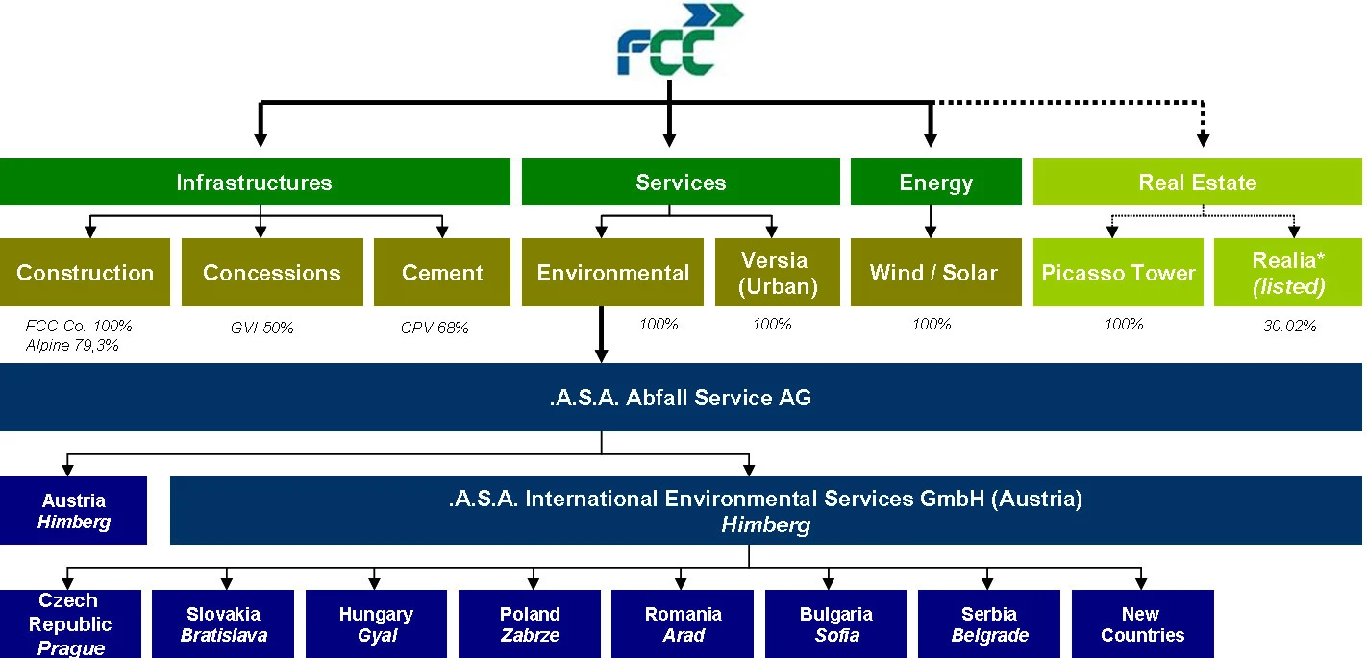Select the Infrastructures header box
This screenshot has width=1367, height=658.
tap(254, 183)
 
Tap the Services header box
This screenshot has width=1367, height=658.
tap(681, 183)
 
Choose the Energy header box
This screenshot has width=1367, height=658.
tap(935, 183)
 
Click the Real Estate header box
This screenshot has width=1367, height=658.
tap(1197, 183)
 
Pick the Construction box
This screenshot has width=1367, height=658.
tap(85, 273)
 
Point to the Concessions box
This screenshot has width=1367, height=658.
tap(271, 273)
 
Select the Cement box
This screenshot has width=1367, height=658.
tap(441, 273)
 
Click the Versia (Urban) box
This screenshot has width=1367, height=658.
tap(773, 273)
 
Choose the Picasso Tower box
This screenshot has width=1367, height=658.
tap(1117, 273)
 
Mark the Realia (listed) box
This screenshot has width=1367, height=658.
tap(1287, 273)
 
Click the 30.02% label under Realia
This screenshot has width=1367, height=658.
tap(1289, 327)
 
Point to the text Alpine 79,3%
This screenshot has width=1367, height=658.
tap(72, 345)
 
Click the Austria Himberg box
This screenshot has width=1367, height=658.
tap(73, 511)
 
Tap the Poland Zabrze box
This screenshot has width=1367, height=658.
tap(529, 624)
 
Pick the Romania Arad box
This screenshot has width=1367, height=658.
tap(683, 624)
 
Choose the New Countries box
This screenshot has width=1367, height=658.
tap(1141, 624)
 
